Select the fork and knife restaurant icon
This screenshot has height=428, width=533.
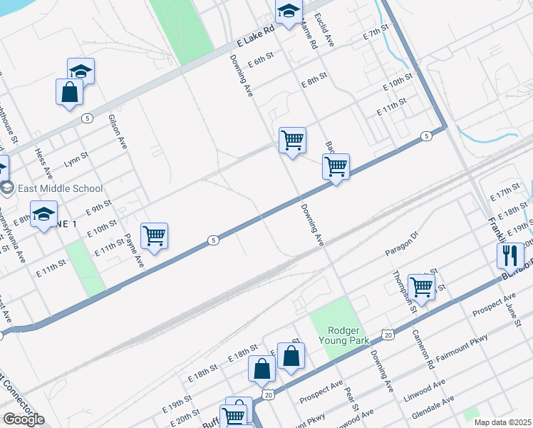point(510,256)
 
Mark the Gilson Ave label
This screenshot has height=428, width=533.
point(118,131)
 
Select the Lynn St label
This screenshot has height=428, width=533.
point(76,155)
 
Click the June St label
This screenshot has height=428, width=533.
point(514,313)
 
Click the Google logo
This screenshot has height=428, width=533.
point(24,419)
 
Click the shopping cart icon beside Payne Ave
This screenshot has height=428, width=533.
point(154,235)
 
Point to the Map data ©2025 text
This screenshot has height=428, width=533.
point(502,422)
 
